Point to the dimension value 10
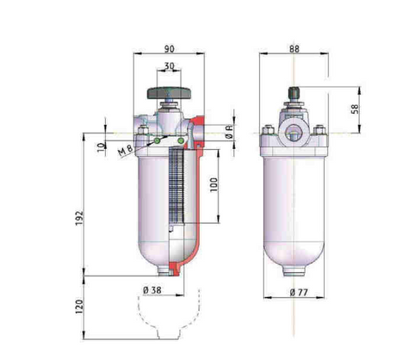102,147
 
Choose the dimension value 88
295,50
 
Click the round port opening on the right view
295,134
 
